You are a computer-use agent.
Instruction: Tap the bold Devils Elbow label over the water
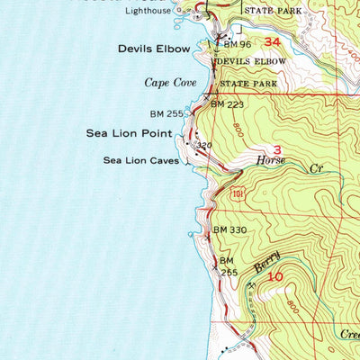click(x=154, y=48)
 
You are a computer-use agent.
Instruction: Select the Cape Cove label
click(x=170, y=82)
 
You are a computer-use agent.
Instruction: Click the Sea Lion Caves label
click(x=140, y=161)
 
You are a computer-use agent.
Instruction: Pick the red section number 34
click(x=272, y=41)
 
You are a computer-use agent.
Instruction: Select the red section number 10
click(x=275, y=278)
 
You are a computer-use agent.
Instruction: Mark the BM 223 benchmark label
click(x=228, y=104)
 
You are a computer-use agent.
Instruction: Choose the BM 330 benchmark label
click(x=229, y=230)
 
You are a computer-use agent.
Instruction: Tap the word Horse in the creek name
click(x=271, y=163)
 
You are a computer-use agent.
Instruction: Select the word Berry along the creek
click(x=266, y=263)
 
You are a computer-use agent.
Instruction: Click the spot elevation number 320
click(x=203, y=144)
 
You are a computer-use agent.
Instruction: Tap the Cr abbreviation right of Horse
click(x=316, y=167)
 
